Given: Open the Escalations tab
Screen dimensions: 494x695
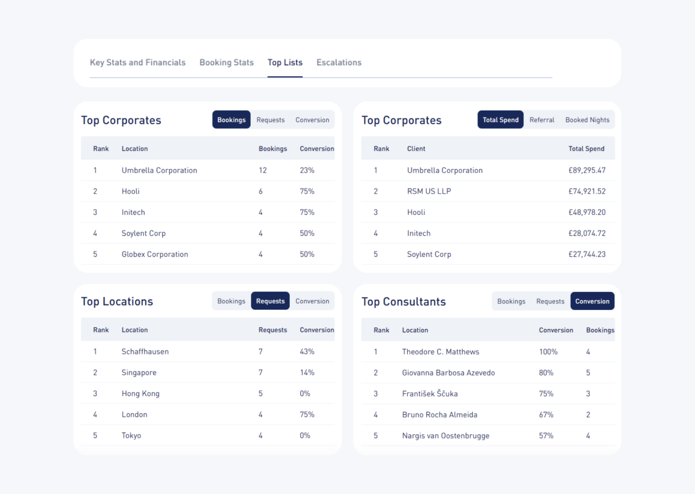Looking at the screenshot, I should pyautogui.click(x=339, y=62).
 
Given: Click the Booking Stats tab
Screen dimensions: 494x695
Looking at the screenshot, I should pyautogui.click(x=226, y=62).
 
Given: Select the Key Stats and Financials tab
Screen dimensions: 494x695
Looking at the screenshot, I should pyautogui.click(x=138, y=62).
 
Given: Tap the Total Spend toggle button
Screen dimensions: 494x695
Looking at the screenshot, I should pyautogui.click(x=500, y=120).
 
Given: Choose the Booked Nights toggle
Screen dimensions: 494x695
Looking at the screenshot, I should pyautogui.click(x=587, y=120).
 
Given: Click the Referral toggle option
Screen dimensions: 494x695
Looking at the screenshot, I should pyautogui.click(x=542, y=120).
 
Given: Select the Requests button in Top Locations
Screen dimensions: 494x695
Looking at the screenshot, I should pyautogui.click(x=270, y=301).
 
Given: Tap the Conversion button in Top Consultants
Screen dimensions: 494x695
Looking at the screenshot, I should pyautogui.click(x=592, y=301).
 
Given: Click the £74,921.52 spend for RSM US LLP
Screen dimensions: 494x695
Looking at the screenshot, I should pyautogui.click(x=587, y=191).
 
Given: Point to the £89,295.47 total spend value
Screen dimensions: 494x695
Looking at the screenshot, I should pyautogui.click(x=587, y=170).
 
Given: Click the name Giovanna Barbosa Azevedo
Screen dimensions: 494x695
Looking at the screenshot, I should pyautogui.click(x=448, y=373).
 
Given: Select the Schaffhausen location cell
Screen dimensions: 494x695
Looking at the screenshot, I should pyautogui.click(x=145, y=352).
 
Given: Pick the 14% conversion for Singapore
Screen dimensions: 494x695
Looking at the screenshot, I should pyautogui.click(x=307, y=373).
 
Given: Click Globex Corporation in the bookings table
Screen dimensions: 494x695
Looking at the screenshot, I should pyautogui.click(x=155, y=254).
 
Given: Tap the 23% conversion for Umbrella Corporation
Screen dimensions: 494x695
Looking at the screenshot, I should pyautogui.click(x=307, y=170).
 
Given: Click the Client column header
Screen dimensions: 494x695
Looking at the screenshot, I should pyautogui.click(x=416, y=149).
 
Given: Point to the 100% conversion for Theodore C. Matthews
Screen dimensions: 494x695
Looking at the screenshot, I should pyautogui.click(x=548, y=352).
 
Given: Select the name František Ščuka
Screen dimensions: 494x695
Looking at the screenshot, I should pyautogui.click(x=429, y=394).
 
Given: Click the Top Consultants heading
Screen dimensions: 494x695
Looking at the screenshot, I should pyautogui.click(x=403, y=302).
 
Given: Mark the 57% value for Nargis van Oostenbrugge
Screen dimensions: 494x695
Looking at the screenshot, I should pyautogui.click(x=546, y=436).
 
